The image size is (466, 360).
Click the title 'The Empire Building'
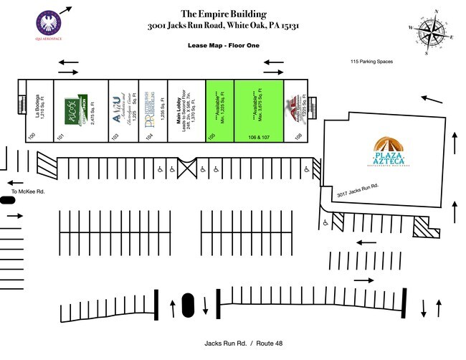(224, 13)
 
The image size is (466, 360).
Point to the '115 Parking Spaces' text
(371, 62)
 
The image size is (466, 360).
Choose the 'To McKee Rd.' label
(29, 192)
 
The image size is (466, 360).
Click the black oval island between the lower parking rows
(189, 304)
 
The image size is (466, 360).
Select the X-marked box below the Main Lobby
(188, 169)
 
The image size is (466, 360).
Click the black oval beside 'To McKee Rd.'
(8, 201)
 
